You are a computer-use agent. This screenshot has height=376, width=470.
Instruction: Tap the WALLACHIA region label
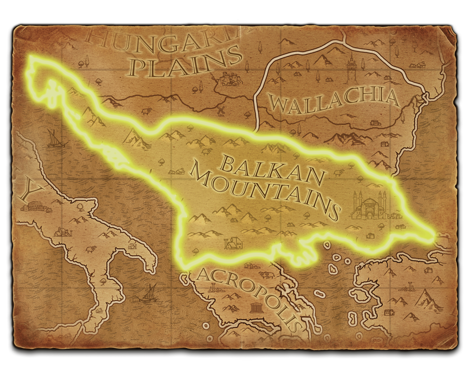tap(334, 100)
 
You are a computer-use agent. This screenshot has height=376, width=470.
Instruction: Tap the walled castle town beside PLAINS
tap(231, 79)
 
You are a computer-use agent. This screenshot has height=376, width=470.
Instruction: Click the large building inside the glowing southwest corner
tap(233, 244)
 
